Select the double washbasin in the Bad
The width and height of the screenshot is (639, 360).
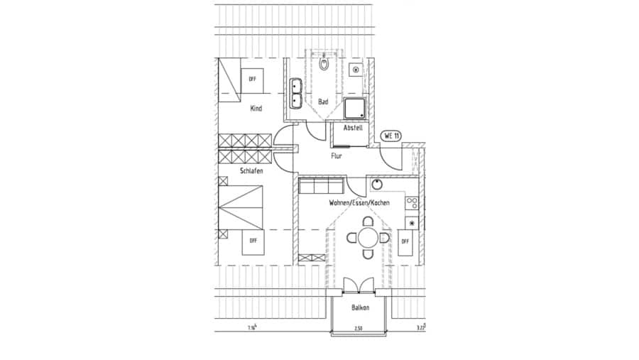pyautogui.click(x=297, y=95)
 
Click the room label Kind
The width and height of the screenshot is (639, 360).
pyautogui.click(x=256, y=109)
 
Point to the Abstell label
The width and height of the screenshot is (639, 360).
pyautogui.click(x=353, y=128)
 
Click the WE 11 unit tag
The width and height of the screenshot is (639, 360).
pyautogui.click(x=391, y=136)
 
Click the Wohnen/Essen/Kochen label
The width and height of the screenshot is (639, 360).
pyautogui.click(x=359, y=203)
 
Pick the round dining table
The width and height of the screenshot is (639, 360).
pyautogui.click(x=367, y=237)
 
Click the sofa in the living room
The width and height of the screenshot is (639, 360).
pyautogui.click(x=321, y=187)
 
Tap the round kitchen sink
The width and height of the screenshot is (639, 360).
pyautogui.click(x=378, y=185)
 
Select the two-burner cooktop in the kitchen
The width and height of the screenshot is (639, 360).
pyautogui.click(x=411, y=203)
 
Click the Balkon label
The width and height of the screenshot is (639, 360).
pyautogui.click(x=360, y=308)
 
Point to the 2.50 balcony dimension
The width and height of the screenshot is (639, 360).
pyautogui.click(x=360, y=328)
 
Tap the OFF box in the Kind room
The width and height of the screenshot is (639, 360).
pyautogui.click(x=252, y=79)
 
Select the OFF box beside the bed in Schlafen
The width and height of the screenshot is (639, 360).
pyautogui.click(x=252, y=241)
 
